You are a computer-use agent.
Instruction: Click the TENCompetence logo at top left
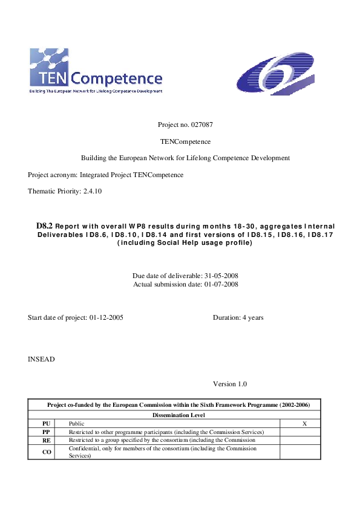96,71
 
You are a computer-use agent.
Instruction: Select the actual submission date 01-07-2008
220,284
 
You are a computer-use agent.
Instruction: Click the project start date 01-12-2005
106,317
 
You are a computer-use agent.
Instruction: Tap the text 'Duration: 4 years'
238,317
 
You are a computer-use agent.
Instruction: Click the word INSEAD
41,359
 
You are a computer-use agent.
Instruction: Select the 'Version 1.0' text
230,384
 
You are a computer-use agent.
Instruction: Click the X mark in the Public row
304,424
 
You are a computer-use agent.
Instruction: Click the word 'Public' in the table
77,424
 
